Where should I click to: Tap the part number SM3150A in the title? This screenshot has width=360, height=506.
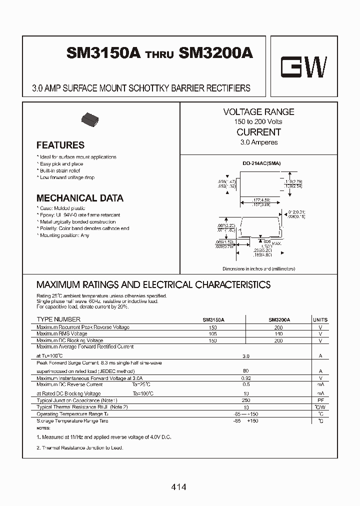pyautogui.click(x=103, y=53)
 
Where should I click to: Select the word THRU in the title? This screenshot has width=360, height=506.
pyautogui.click(x=159, y=56)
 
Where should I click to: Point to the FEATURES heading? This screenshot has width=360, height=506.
pyautogui.click(x=60, y=145)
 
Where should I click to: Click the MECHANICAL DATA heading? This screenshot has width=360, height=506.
pyautogui.click(x=80, y=198)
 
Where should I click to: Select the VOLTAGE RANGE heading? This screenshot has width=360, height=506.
pyautogui.click(x=258, y=112)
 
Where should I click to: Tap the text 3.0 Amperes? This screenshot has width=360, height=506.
pyautogui.click(x=258, y=142)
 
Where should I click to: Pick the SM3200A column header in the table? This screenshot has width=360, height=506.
pyautogui.click(x=279, y=319)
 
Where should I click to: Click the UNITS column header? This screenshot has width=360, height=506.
pyautogui.click(x=320, y=319)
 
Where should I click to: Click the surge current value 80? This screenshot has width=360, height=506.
pyautogui.click(x=245, y=371)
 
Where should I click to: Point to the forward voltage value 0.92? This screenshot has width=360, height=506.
pyautogui.click(x=245, y=378)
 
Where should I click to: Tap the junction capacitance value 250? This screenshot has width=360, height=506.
pyautogui.click(x=245, y=400)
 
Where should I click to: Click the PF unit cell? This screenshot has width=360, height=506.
pyautogui.click(x=320, y=400)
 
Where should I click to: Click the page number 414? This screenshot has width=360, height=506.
pyautogui.click(x=178, y=486)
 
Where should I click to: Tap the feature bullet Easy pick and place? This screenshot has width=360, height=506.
pyautogui.click(x=61, y=164)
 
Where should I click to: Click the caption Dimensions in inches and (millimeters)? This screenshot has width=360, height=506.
pyautogui.click(x=258, y=268)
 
